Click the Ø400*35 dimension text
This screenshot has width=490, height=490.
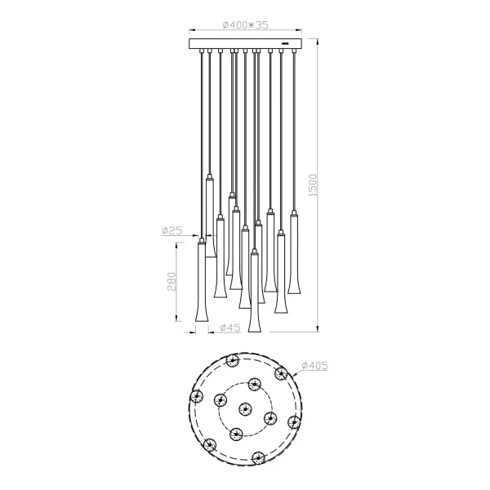(x=245, y=25)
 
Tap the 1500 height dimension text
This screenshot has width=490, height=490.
(x=312, y=189)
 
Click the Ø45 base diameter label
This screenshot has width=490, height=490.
(x=229, y=327)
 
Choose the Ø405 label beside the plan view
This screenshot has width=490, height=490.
(x=314, y=366)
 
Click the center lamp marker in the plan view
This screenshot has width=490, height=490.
(x=244, y=409)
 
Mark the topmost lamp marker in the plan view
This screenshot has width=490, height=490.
(x=235, y=361)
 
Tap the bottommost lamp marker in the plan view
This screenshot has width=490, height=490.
(x=259, y=457)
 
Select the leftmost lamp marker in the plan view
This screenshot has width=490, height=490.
(x=196, y=397)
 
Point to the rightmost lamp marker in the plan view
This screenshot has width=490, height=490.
(x=292, y=421)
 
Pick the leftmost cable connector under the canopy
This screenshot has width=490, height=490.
(x=200, y=52)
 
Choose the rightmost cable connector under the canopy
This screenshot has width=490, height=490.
(x=292, y=52)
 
